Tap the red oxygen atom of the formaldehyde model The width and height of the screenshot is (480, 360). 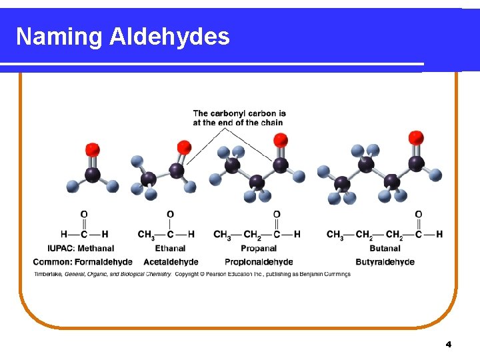point(93,150)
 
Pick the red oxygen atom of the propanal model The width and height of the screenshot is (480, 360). point(281,140)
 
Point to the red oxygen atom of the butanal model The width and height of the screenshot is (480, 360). point(416,138)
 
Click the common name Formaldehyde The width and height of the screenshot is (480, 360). point(103,261)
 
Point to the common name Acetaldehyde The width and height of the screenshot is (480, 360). point(171,261)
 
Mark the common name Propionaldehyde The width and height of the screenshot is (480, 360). point(259,261)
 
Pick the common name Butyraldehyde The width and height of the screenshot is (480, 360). point(385,261)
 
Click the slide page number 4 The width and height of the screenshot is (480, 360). point(448,345)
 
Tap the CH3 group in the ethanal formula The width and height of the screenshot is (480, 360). point(146,235)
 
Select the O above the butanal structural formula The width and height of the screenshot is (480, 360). point(418,215)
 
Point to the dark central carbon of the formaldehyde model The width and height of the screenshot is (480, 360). point(93,175)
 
